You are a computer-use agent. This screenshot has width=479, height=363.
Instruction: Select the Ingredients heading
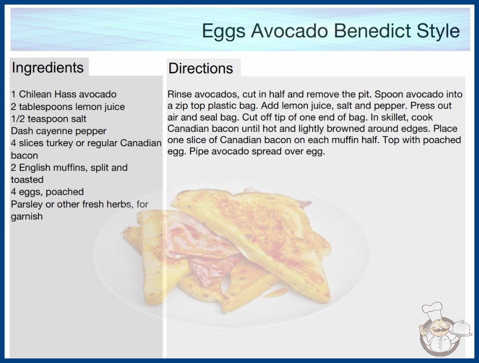pyautogui.click(x=48, y=68)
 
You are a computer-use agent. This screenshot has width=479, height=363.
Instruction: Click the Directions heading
pyautogui.click(x=201, y=68)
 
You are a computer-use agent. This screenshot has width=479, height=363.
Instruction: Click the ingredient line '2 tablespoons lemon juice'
pyautogui.click(x=68, y=107)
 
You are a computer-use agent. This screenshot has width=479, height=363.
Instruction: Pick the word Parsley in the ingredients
pyautogui.click(x=27, y=204)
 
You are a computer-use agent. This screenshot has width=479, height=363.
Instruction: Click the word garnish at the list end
pyautogui.click(x=27, y=217)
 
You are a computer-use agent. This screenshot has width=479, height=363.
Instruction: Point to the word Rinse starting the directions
pyautogui.click(x=180, y=94)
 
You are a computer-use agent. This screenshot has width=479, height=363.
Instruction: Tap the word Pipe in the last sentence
pyautogui.click(x=199, y=151)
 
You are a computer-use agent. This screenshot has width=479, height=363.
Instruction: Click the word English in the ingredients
pyautogui.click(x=34, y=168)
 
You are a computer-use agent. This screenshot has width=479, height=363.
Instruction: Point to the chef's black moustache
pyautogui.click(x=438, y=330)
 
